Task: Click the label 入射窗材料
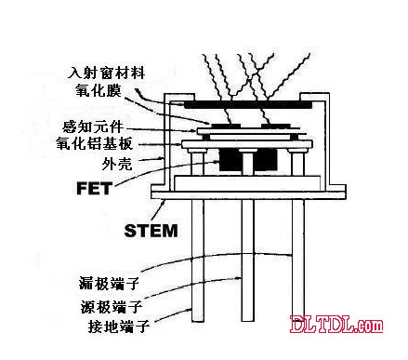click(107, 73)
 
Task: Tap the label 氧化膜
click(99, 90)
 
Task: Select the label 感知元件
click(93, 127)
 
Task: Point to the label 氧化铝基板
click(95, 144)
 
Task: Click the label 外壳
click(117, 164)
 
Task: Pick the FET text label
click(94, 188)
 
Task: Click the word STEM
click(151, 231)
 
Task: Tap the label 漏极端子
click(109, 283)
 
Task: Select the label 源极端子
click(112, 307)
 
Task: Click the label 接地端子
click(119, 326)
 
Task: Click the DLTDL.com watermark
click(336, 325)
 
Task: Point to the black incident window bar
click(248, 105)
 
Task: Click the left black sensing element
click(226, 126)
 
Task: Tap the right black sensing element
click(276, 126)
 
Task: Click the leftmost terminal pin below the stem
click(198, 260)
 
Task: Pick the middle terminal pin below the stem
click(247, 260)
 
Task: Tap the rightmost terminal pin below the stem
click(298, 260)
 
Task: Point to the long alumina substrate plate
click(247, 144)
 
